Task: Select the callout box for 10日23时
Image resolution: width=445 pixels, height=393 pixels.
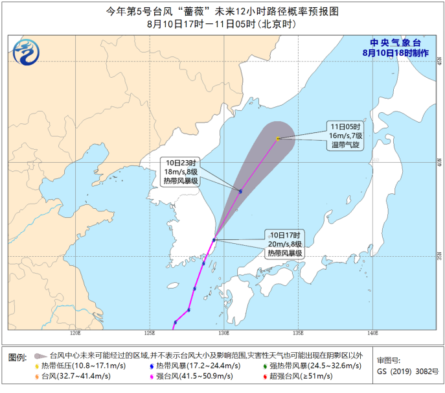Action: (180, 171)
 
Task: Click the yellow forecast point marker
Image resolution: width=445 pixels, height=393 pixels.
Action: (277, 138)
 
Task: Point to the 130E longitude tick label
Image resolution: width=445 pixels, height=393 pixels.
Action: (223, 333)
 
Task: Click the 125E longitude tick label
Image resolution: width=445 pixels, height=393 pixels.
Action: (150, 333)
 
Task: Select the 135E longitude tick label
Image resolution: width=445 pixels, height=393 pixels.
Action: (298, 333)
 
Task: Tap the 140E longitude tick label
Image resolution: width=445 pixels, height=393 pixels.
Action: (372, 333)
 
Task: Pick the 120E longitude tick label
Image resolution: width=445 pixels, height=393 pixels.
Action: (75, 333)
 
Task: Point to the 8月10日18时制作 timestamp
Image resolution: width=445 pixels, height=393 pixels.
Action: (394, 53)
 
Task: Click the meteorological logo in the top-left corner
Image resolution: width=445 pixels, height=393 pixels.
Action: (28, 51)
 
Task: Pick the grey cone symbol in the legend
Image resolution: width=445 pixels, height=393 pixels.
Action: (40, 356)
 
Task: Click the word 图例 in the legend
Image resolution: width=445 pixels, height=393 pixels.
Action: (17, 357)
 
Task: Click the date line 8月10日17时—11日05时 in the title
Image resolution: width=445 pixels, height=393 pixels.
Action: (222, 24)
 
